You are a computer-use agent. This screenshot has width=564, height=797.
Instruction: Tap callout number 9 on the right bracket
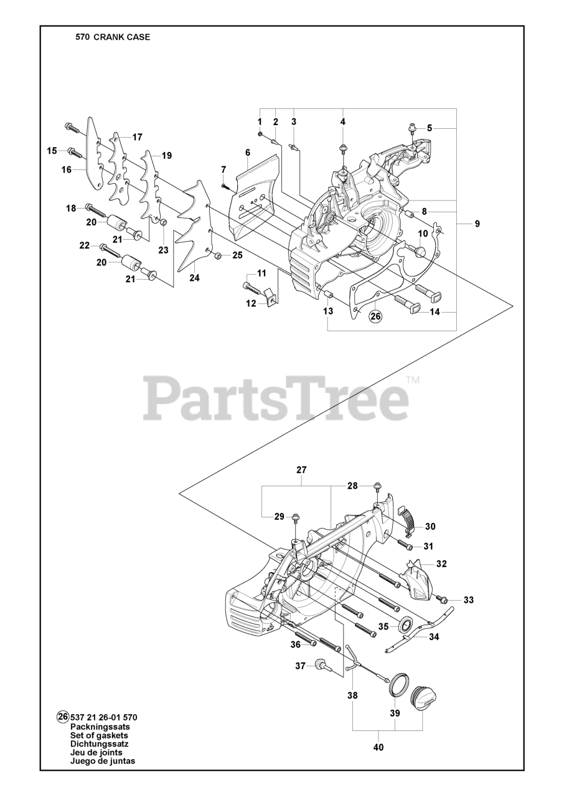[x=477, y=224]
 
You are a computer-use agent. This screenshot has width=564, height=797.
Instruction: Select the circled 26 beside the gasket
[x=375, y=316]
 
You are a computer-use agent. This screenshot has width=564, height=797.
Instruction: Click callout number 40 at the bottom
[x=378, y=747]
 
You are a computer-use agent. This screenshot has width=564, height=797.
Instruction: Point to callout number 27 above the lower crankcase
[x=301, y=470]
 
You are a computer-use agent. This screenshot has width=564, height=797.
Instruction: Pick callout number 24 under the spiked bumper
[x=194, y=278]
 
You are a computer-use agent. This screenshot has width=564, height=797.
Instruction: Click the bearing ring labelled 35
[x=405, y=624]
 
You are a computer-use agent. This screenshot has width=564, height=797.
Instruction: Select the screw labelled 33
[x=443, y=599]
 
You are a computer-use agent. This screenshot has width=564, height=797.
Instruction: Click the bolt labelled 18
[x=100, y=210]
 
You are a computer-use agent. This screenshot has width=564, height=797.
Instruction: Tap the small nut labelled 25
[x=216, y=256]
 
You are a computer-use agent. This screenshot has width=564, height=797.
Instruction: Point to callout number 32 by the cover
[x=441, y=564]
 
